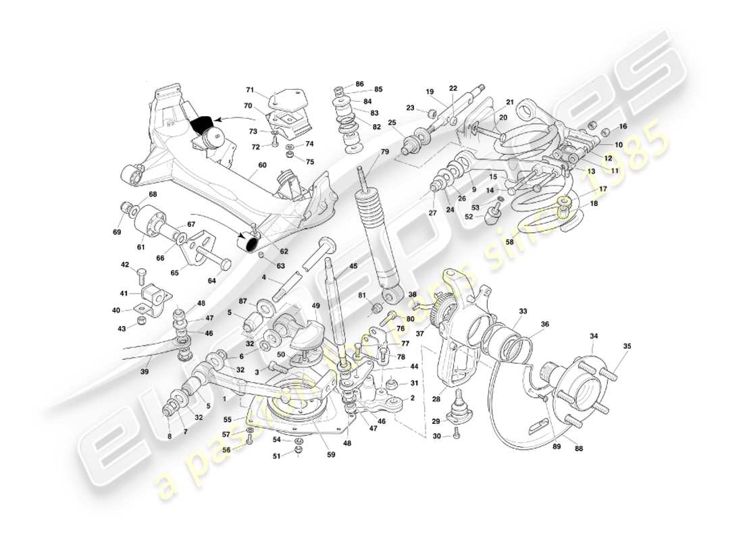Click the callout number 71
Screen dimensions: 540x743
coord(250,90)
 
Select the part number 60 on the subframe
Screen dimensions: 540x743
coord(262,165)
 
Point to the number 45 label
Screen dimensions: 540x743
coord(353,266)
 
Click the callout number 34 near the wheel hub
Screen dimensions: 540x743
coord(594,335)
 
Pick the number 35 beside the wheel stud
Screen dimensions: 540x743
coord(627,346)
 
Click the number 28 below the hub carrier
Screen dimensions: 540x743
coord(436,400)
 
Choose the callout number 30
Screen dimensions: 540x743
coord(437,437)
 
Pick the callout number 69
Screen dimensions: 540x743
coord(118,232)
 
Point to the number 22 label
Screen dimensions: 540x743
coord(453,88)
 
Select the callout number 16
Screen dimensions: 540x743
coord(623,126)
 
